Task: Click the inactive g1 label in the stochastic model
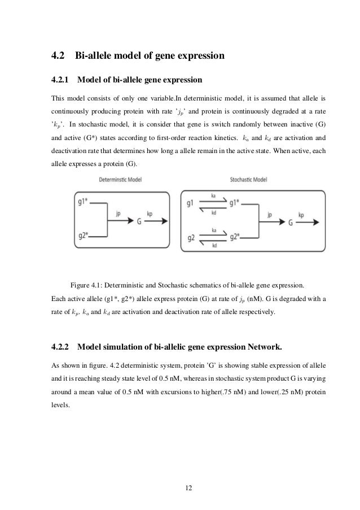click(x=190, y=202)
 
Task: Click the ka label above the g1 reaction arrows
click(x=214, y=194)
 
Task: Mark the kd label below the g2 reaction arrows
click(x=214, y=246)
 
